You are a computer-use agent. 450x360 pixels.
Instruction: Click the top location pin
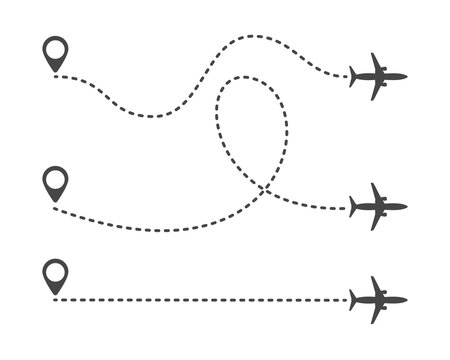click(x=56, y=52)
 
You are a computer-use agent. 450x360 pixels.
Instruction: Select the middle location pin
click(x=55, y=183)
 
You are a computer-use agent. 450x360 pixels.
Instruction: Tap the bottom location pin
click(x=55, y=273)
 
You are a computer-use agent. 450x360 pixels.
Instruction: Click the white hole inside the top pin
click(x=56, y=48)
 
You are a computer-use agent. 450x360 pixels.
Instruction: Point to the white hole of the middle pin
click(x=55, y=180)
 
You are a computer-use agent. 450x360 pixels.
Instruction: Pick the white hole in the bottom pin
click(x=55, y=270)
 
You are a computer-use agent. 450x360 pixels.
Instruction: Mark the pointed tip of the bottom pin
click(x=55, y=291)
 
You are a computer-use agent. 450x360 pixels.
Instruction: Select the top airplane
click(x=378, y=76)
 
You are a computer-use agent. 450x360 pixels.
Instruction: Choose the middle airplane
click(x=378, y=207)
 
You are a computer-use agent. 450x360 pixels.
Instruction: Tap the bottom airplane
click(x=378, y=299)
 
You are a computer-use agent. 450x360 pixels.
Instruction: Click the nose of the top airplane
click(x=406, y=76)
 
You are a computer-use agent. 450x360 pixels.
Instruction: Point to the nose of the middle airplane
click(x=406, y=207)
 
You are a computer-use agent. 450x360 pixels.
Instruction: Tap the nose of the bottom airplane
click(x=406, y=299)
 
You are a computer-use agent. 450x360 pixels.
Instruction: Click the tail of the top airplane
click(x=353, y=76)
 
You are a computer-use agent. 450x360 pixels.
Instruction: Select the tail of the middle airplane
click(x=353, y=207)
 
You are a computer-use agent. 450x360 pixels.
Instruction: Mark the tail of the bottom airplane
click(x=353, y=299)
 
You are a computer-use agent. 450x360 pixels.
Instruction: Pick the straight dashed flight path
click(x=200, y=299)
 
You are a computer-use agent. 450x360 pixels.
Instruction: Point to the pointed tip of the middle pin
click(x=55, y=202)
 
